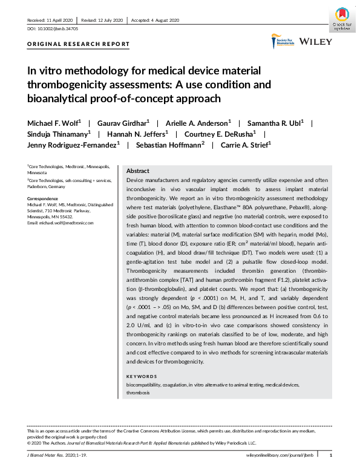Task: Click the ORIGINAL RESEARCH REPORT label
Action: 79,44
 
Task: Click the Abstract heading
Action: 137,171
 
